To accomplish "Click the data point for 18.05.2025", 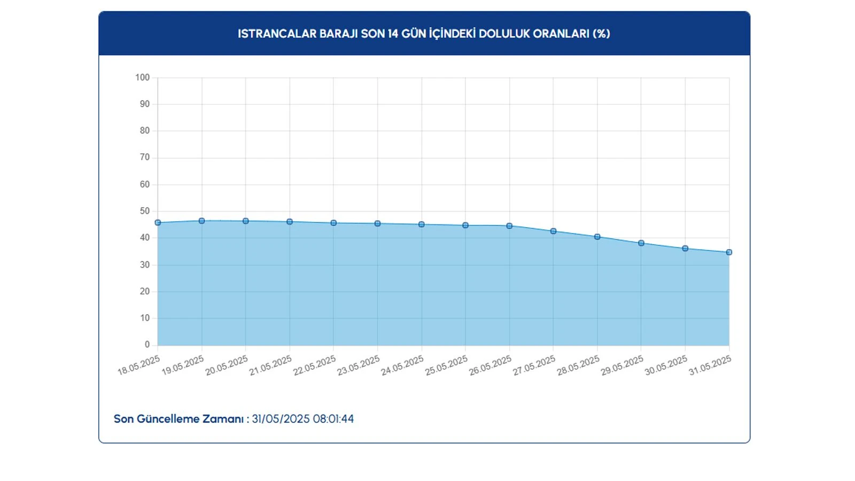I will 158,223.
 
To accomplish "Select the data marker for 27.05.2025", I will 554,231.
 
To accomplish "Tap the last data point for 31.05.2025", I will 729,252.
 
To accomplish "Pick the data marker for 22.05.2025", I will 333,223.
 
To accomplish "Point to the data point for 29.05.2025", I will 641,243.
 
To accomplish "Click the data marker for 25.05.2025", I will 465,226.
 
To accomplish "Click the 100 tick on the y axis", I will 143,77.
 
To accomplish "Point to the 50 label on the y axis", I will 145,211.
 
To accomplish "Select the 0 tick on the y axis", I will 147,345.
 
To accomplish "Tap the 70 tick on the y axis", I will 145,158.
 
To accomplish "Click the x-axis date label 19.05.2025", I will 183,366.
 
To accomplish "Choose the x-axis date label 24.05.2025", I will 402,366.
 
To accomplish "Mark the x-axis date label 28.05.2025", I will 578,366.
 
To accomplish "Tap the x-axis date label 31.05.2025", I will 710,366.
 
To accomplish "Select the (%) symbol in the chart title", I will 601,34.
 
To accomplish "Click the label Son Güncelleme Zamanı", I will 179,419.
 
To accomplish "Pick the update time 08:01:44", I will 333,419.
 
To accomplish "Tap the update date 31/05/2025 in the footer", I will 281,419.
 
